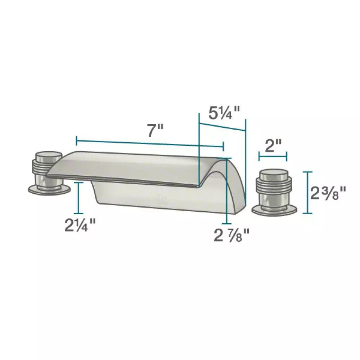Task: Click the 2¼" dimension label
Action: click(80, 225)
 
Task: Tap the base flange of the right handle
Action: click(274, 211)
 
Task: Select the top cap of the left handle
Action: click(49, 156)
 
